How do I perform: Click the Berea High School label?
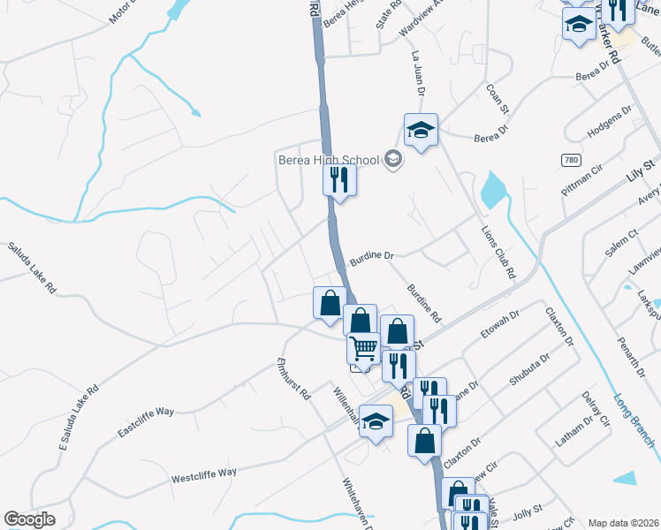tap(328, 160)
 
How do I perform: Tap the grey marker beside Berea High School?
tap(393, 160)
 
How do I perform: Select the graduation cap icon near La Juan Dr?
tap(421, 131)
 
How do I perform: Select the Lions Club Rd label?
tap(497, 249)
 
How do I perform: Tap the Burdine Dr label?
tap(370, 258)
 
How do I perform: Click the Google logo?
tap(29, 519)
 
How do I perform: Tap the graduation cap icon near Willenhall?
tap(376, 421)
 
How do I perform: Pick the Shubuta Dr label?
tap(529, 371)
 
